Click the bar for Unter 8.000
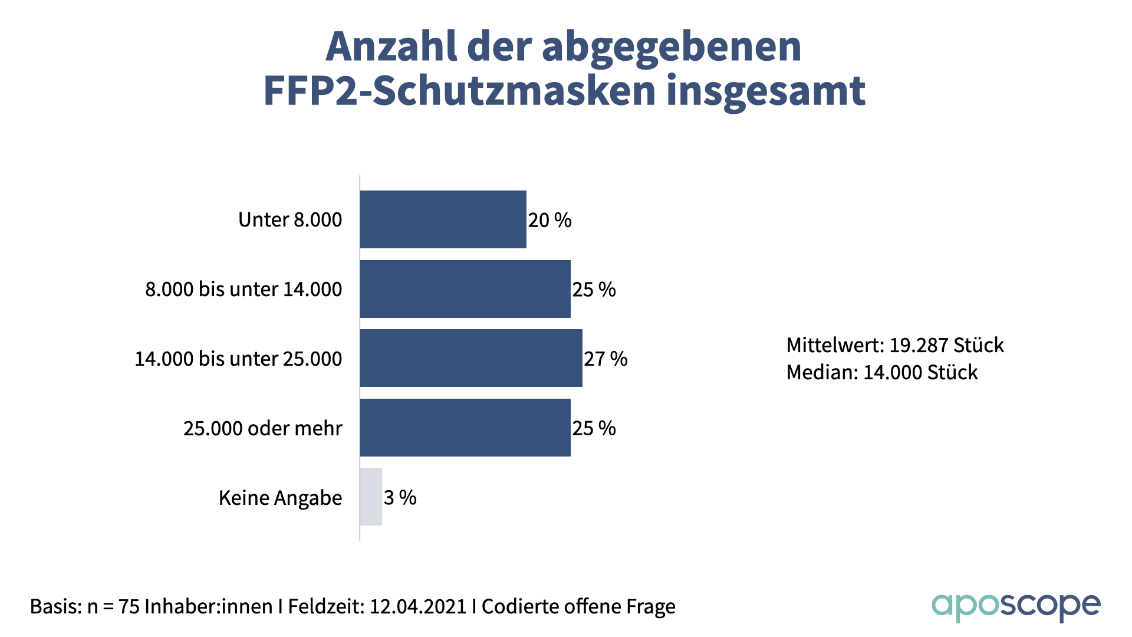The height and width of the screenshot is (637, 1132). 443,219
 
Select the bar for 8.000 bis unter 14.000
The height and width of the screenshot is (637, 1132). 465,289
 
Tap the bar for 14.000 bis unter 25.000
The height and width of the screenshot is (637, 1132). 471,358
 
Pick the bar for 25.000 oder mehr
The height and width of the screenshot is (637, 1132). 465,428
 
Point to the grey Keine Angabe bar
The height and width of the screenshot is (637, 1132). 371,497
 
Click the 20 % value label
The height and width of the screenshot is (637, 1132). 549,221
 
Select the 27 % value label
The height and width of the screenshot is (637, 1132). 606,359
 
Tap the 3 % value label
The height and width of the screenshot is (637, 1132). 400,498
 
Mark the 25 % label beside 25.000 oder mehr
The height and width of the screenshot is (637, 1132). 594,428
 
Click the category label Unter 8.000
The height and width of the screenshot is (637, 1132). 290,220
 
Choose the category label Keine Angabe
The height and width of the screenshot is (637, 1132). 280,498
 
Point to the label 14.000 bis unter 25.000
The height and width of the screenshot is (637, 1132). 238,359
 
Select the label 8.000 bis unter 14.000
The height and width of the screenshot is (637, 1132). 243,290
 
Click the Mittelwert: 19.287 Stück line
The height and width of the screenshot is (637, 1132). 894,345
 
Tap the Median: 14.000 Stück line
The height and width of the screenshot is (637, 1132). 881,373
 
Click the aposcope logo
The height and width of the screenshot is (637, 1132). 1015,607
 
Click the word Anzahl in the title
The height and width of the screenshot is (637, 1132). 391,46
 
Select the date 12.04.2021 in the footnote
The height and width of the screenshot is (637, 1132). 417,607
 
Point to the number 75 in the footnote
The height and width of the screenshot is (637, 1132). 129,607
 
